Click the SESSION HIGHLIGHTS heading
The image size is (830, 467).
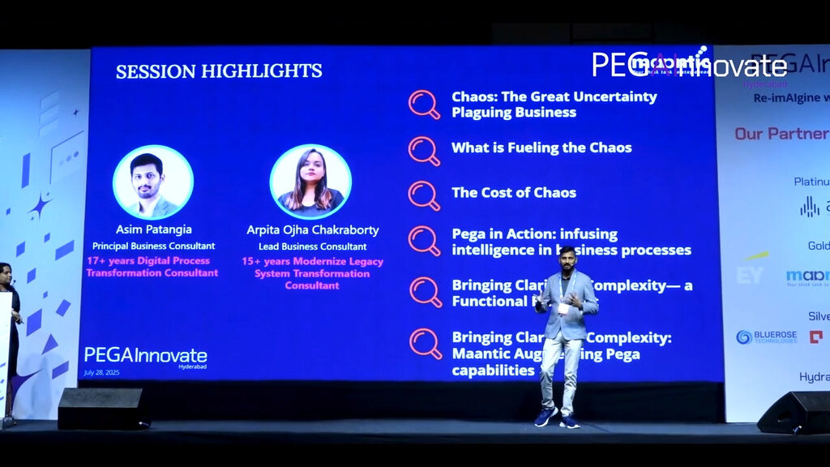coord(219,71)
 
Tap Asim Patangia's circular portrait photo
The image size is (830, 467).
coord(152,182)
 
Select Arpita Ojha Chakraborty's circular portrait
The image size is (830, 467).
coord(310,182)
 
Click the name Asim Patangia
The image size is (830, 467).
coord(152,230)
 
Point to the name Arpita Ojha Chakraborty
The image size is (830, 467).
coord(313,230)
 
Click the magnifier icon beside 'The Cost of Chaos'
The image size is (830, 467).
coord(424,195)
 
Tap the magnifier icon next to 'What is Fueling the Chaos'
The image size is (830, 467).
coord(424,151)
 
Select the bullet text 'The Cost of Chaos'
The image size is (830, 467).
coord(514,193)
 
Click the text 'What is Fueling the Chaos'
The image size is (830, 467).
coord(541,148)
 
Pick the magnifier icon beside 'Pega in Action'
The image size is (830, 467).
coord(424,241)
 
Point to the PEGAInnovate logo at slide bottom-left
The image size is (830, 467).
coord(145,356)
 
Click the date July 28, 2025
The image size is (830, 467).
coord(101,373)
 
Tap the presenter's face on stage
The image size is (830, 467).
coord(567,260)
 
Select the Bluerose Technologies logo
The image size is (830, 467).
coord(766,336)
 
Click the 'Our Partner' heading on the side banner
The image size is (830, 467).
coord(781,134)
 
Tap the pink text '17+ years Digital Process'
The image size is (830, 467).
coord(148,261)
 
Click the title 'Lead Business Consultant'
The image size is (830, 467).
coord(313,246)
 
